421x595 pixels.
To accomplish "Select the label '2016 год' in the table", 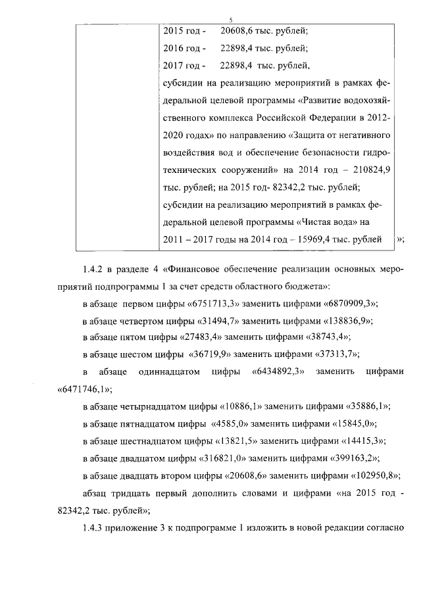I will point(183,48).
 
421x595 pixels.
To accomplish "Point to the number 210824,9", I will point(372,170).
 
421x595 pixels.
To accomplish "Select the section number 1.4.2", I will point(96,270).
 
